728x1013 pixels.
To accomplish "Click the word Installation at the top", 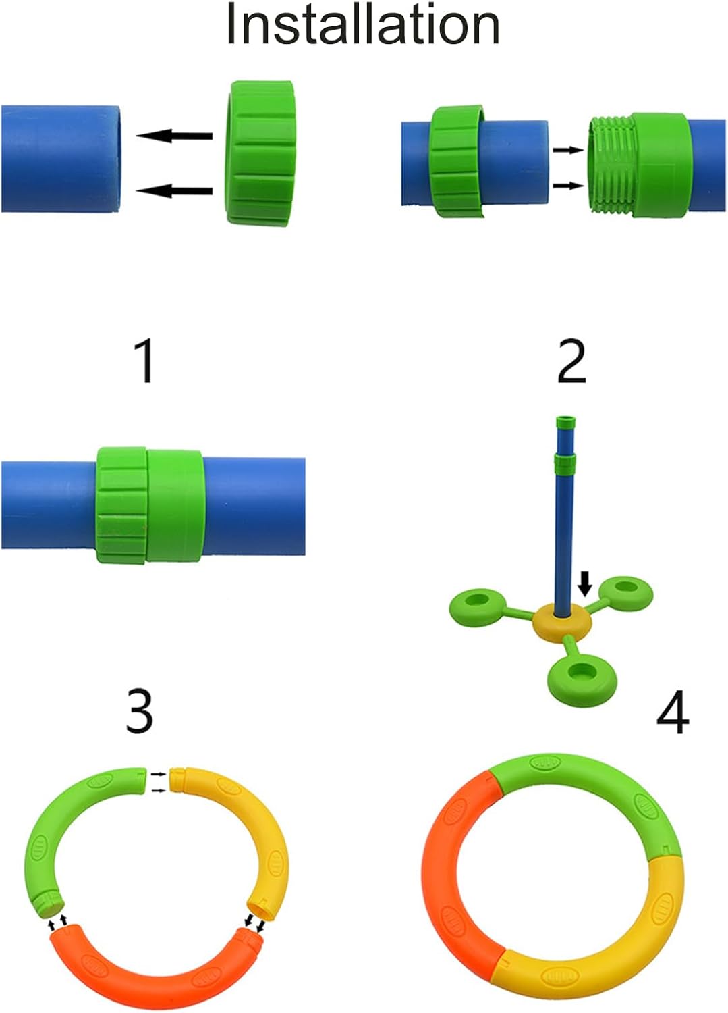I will coord(362,25).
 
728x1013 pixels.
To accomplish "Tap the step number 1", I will coord(145,361).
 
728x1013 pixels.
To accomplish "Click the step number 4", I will coord(673,712).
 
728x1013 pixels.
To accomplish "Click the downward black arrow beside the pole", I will coord(585,583).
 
